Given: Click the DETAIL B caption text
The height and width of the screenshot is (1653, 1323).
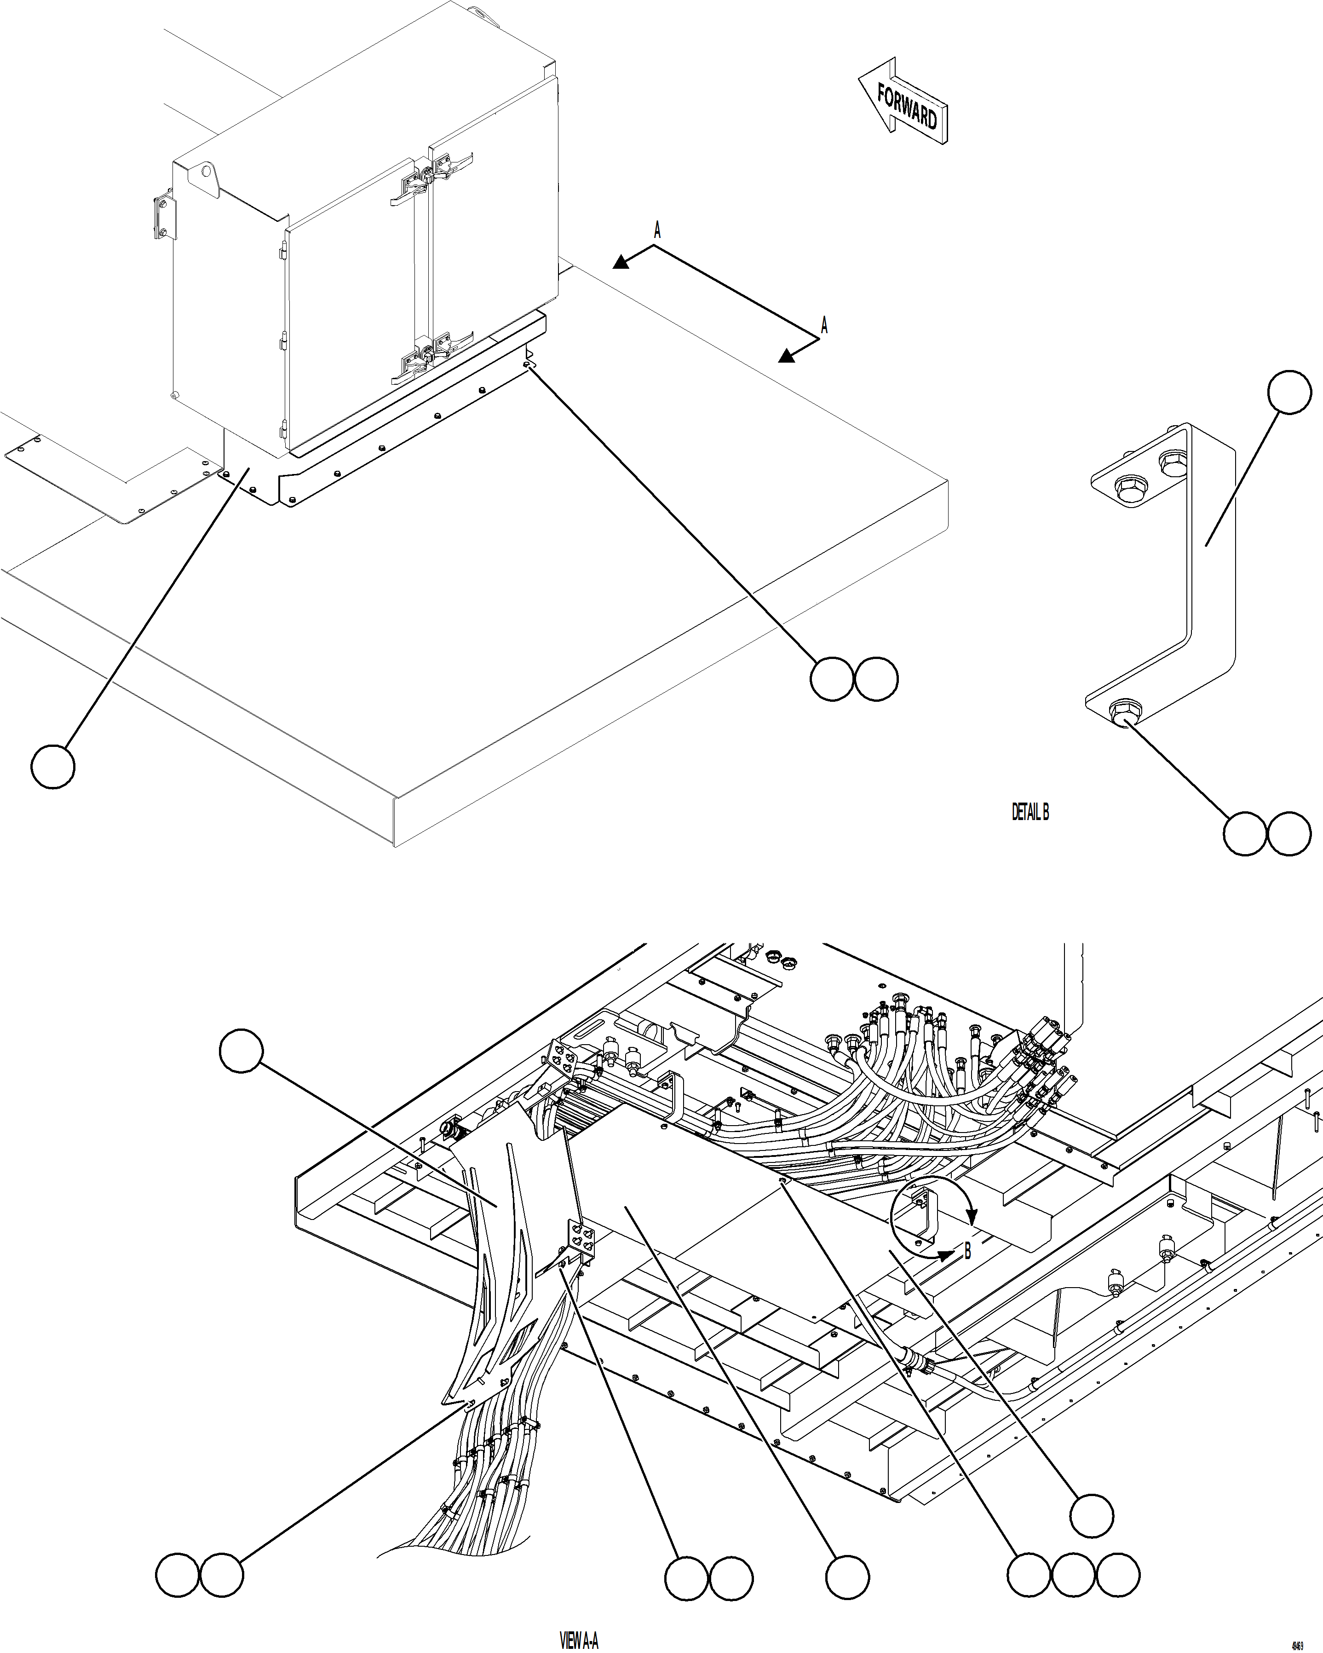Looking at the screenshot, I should (1030, 812).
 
